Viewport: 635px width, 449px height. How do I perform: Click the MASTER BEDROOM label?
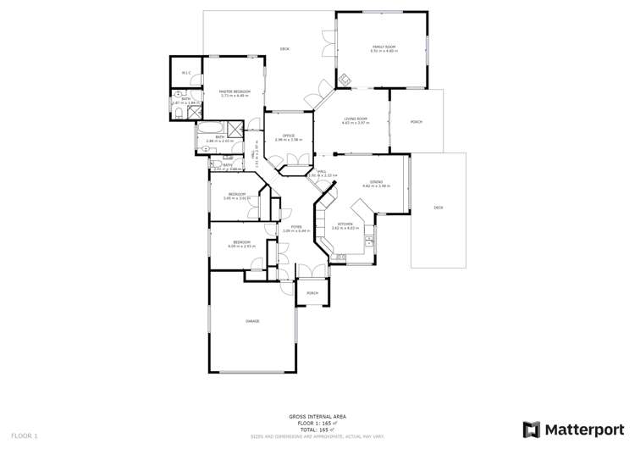tap(232, 91)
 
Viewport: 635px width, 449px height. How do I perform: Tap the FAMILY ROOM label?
tap(384, 47)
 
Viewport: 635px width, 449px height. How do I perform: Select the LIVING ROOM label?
tap(355, 119)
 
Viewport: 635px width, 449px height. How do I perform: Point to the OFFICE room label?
tap(288, 136)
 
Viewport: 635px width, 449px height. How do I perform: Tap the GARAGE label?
tap(252, 321)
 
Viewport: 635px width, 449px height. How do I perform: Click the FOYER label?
tap(297, 226)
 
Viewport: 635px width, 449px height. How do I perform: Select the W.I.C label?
tap(186, 74)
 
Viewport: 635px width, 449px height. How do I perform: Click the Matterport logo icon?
tap(532, 430)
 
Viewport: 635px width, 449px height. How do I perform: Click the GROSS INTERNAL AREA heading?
tap(317, 416)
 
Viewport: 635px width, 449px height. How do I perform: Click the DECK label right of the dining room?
tap(438, 208)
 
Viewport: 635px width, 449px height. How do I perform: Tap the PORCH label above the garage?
tap(312, 293)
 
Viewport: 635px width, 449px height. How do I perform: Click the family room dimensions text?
tap(384, 52)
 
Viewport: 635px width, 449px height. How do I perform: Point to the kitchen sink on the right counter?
tap(370, 246)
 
